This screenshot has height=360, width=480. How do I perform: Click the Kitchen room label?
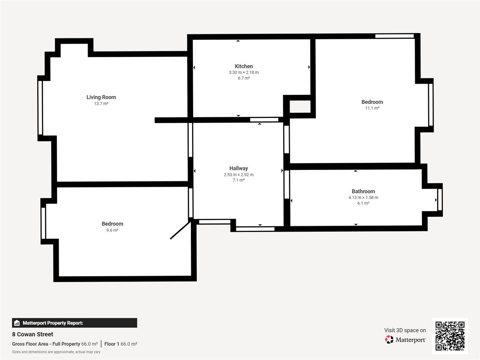click(244, 66)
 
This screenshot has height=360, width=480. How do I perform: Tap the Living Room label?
click(101, 97)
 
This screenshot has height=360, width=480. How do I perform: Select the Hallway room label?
click(238, 168)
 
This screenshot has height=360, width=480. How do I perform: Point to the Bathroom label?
click(363, 192)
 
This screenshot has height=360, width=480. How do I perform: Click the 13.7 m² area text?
click(101, 104)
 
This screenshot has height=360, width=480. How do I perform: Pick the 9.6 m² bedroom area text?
click(112, 230)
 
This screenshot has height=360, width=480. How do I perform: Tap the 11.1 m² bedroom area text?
click(372, 108)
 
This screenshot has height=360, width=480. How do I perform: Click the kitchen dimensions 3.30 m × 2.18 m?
click(244, 72)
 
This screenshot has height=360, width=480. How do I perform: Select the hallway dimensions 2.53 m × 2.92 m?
click(238, 175)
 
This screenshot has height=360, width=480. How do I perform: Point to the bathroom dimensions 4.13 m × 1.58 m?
click(363, 198)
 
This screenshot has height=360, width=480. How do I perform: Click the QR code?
click(450, 336)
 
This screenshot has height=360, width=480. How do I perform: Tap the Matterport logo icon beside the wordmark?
click(389, 340)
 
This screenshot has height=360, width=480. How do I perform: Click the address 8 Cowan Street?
click(32, 334)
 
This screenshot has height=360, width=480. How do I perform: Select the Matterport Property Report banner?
click(74, 323)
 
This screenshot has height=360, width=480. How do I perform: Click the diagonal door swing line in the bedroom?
click(180, 230)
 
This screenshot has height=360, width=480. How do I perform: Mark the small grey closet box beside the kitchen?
click(300, 107)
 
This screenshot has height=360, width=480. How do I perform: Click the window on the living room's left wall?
click(40, 108)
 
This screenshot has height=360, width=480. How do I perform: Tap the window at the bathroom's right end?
click(440, 200)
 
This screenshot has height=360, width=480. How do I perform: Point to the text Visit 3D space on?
click(405, 330)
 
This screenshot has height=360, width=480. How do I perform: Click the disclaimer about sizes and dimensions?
click(56, 352)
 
